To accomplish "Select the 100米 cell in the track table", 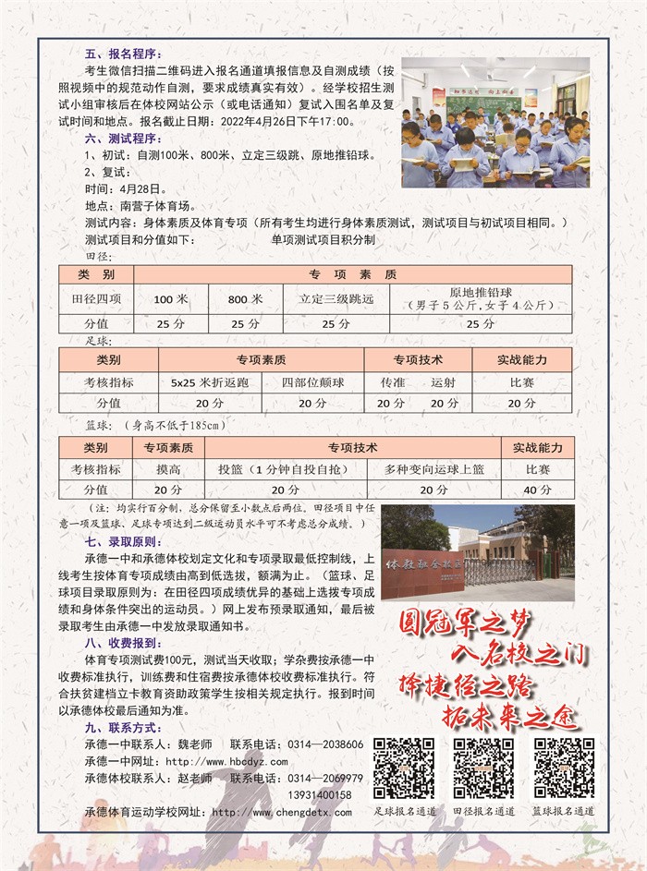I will coord(171,299).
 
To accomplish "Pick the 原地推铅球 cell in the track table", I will coord(480,298).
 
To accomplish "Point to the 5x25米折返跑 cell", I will coord(197,381).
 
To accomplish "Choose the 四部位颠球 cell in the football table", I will coord(311,381).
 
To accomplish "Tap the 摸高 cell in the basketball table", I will coord(167,468).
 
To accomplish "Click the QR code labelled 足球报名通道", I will coord(403,768).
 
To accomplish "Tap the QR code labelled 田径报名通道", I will coord(483,768).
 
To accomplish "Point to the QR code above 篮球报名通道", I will coord(563,768).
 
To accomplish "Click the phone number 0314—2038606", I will coord(325,744).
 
